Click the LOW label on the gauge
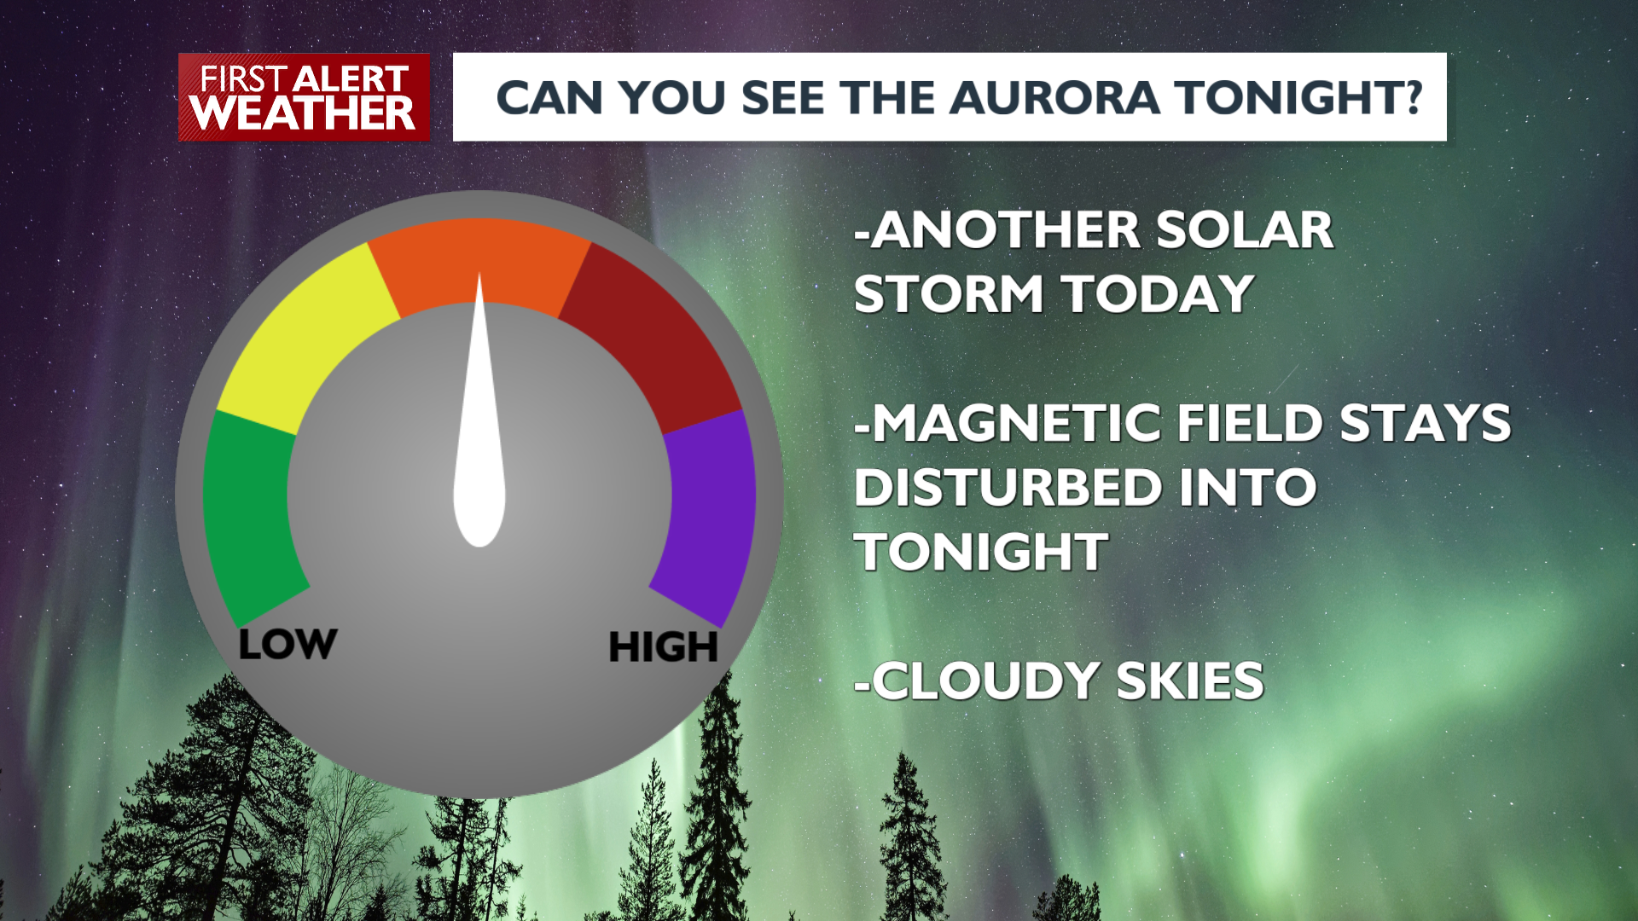coord(288,645)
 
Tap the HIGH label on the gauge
coord(664,647)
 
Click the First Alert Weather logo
coord(304,97)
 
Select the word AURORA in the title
coord(1054,97)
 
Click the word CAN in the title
coord(550,97)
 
